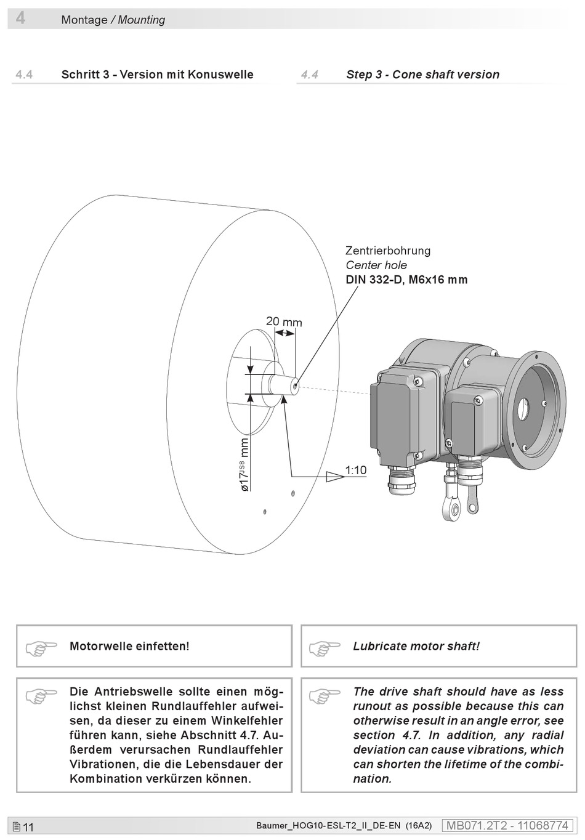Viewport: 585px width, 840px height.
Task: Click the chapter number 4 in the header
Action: [x=20, y=18]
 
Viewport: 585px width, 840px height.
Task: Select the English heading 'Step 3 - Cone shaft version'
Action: [x=422, y=75]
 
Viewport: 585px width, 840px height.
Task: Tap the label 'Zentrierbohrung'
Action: [x=388, y=251]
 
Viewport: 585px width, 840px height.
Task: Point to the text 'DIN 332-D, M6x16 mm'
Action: [x=406, y=280]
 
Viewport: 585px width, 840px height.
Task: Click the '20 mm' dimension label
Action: [x=284, y=321]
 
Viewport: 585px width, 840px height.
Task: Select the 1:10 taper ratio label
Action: [x=355, y=470]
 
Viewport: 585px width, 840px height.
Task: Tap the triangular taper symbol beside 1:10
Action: [x=334, y=476]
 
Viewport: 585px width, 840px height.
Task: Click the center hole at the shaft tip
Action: [x=296, y=386]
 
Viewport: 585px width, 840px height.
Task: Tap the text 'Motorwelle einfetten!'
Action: [x=129, y=646]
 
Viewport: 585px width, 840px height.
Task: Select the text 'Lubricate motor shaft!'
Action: [x=416, y=646]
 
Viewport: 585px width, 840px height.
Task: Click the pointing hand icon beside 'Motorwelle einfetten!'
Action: [x=41, y=647]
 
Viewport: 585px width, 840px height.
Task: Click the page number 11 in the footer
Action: [x=28, y=827]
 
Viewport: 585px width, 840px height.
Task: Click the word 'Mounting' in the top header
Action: [x=142, y=20]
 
